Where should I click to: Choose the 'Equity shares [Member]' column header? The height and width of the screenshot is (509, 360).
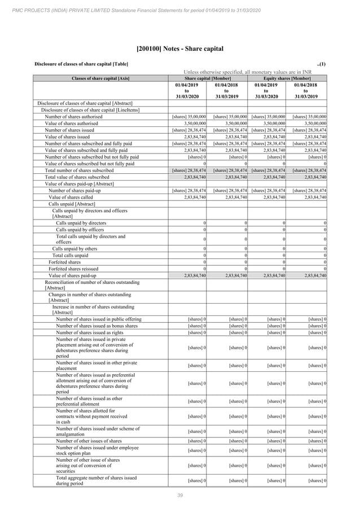pyautogui.click(x=288, y=78)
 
